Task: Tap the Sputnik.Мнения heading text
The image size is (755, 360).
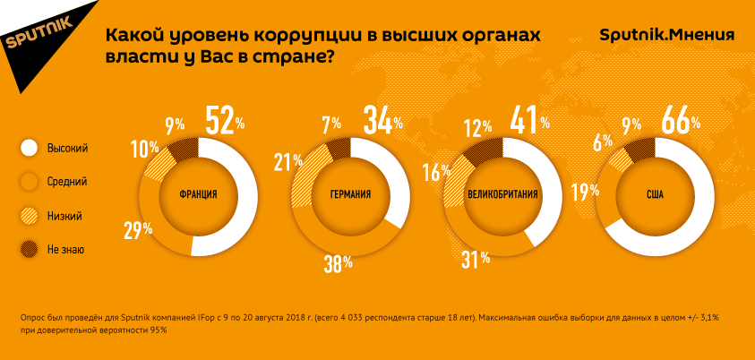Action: point(667,35)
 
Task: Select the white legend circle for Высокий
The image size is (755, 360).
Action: point(29,149)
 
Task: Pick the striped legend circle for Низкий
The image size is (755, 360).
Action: point(29,217)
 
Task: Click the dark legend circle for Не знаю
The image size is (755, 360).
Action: point(29,249)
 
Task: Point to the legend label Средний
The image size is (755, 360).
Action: point(67,182)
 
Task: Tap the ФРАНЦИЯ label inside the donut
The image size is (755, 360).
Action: point(198,194)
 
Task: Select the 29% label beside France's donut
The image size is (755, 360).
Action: point(139,229)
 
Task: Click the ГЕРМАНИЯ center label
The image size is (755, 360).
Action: point(350,194)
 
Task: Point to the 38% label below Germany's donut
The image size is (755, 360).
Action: point(338,264)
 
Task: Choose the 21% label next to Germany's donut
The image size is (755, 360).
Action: point(288,164)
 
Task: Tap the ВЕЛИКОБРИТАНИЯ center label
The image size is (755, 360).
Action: point(502,194)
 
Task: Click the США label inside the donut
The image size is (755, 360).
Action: point(655,194)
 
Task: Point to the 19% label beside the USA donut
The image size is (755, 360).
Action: point(586,192)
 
